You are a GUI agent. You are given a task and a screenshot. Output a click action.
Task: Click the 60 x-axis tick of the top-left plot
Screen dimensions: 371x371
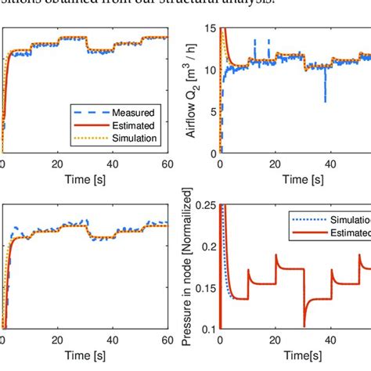click(x=167, y=164)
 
